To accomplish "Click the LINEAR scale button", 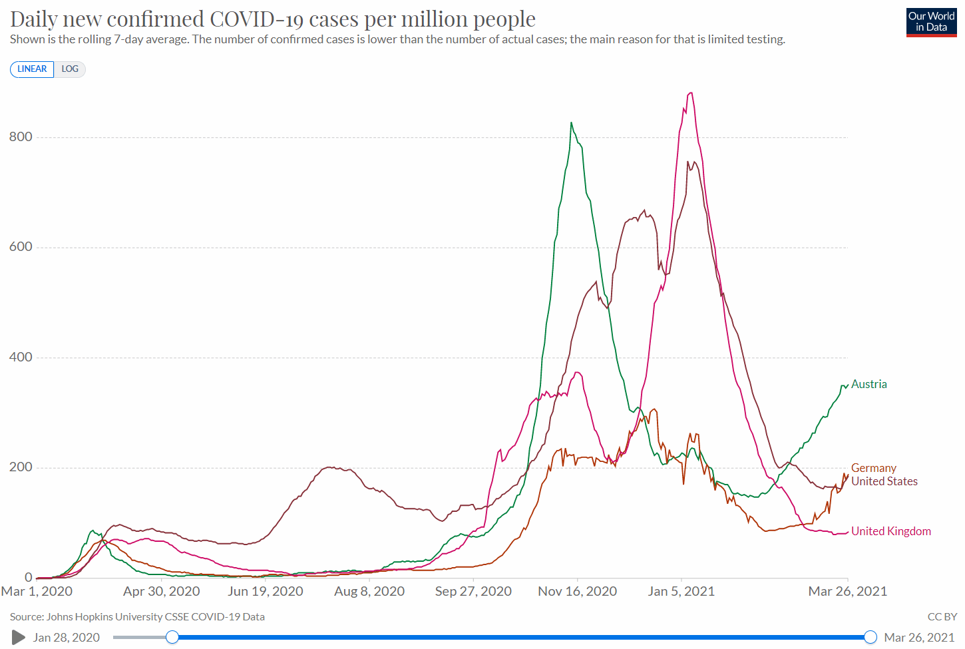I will (32, 69).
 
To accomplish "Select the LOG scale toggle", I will (70, 69).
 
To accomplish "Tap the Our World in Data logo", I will (931, 22).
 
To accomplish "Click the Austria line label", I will (868, 384).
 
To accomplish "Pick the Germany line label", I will (873, 468).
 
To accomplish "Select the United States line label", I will (884, 481).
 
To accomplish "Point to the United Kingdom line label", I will (890, 531).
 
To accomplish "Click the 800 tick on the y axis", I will (21, 136).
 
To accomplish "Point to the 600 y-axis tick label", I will (21, 247).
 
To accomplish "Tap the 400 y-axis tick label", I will (21, 357).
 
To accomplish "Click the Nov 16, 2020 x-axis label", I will (577, 591).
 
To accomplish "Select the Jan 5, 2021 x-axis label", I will (681, 591).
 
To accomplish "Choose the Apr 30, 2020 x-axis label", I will (162, 591).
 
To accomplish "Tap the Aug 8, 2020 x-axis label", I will (369, 591).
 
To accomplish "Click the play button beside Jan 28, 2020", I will (19, 638).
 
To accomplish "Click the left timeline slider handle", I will (172, 638).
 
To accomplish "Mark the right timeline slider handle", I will (870, 638).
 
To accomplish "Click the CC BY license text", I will (942, 617).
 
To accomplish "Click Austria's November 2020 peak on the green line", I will (571, 123).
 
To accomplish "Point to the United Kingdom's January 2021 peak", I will (691, 93).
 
